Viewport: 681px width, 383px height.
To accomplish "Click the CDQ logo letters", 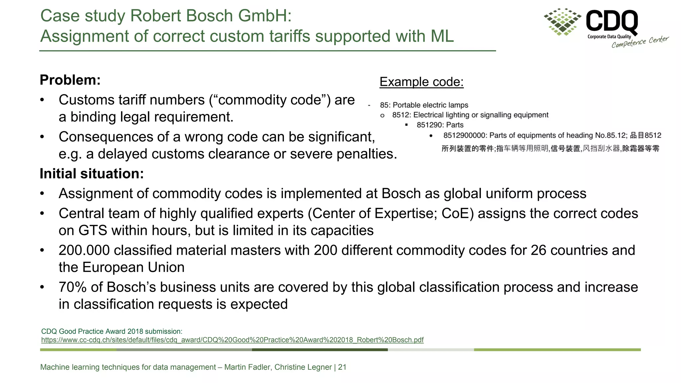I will pos(612,21).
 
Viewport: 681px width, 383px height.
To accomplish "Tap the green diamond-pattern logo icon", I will pos(563,22).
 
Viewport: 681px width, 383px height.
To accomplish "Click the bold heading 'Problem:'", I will pos(70,80).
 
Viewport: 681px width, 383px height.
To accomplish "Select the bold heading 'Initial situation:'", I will pos(91,174).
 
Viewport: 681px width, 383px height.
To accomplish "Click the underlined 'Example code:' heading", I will pos(421,82).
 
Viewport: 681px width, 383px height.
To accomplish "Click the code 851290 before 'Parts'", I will pos(429,125).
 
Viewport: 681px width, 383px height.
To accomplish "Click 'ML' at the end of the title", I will pos(442,36).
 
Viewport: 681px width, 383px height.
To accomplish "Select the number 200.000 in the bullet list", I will pos(84,250).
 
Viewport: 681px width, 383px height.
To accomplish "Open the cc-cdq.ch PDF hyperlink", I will pos(232,340).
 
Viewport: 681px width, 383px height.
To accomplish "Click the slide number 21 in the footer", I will pos(342,367).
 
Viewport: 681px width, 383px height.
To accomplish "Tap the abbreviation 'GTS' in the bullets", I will pos(93,230).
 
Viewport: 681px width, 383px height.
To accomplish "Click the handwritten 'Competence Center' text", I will pos(640,42).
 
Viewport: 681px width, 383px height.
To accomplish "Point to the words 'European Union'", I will pos(133,267).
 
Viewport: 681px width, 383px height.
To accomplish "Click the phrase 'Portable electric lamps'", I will pos(430,105).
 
